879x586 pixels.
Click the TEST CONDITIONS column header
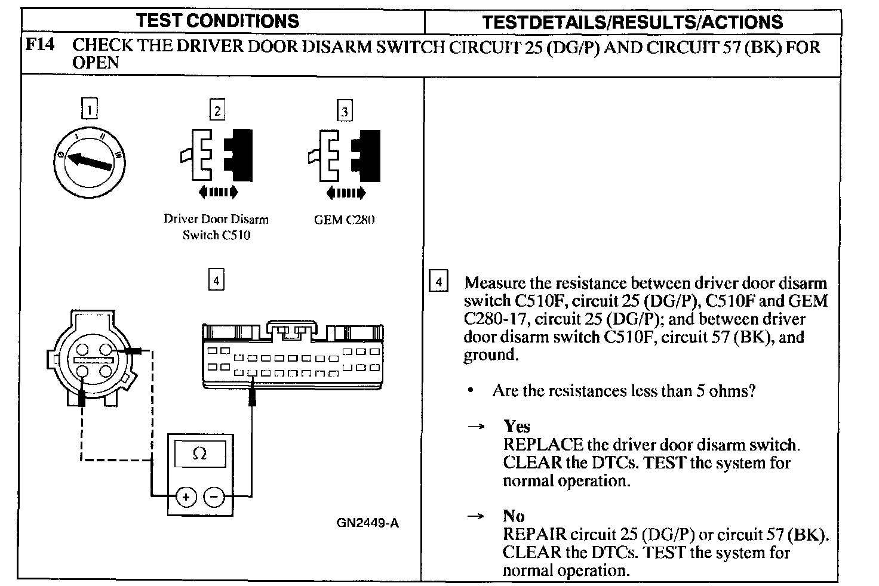[x=217, y=21]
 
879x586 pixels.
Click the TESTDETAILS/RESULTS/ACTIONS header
[x=632, y=23]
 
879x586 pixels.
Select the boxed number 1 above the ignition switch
[x=89, y=109]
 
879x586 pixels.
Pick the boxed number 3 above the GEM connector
[x=344, y=111]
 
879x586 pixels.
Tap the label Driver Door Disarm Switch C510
[x=216, y=227]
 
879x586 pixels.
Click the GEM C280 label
[x=344, y=219]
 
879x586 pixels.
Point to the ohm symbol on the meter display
[x=200, y=454]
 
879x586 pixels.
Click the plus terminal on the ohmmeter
[x=186, y=497]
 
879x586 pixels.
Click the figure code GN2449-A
[x=367, y=523]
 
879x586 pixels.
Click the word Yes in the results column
[x=517, y=426]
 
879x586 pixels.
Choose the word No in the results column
[x=514, y=516]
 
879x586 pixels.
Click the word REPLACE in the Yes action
[x=543, y=445]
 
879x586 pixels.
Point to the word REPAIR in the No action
[x=534, y=534]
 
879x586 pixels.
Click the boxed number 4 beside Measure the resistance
[x=438, y=282]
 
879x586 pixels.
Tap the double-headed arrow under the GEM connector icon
[x=345, y=193]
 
